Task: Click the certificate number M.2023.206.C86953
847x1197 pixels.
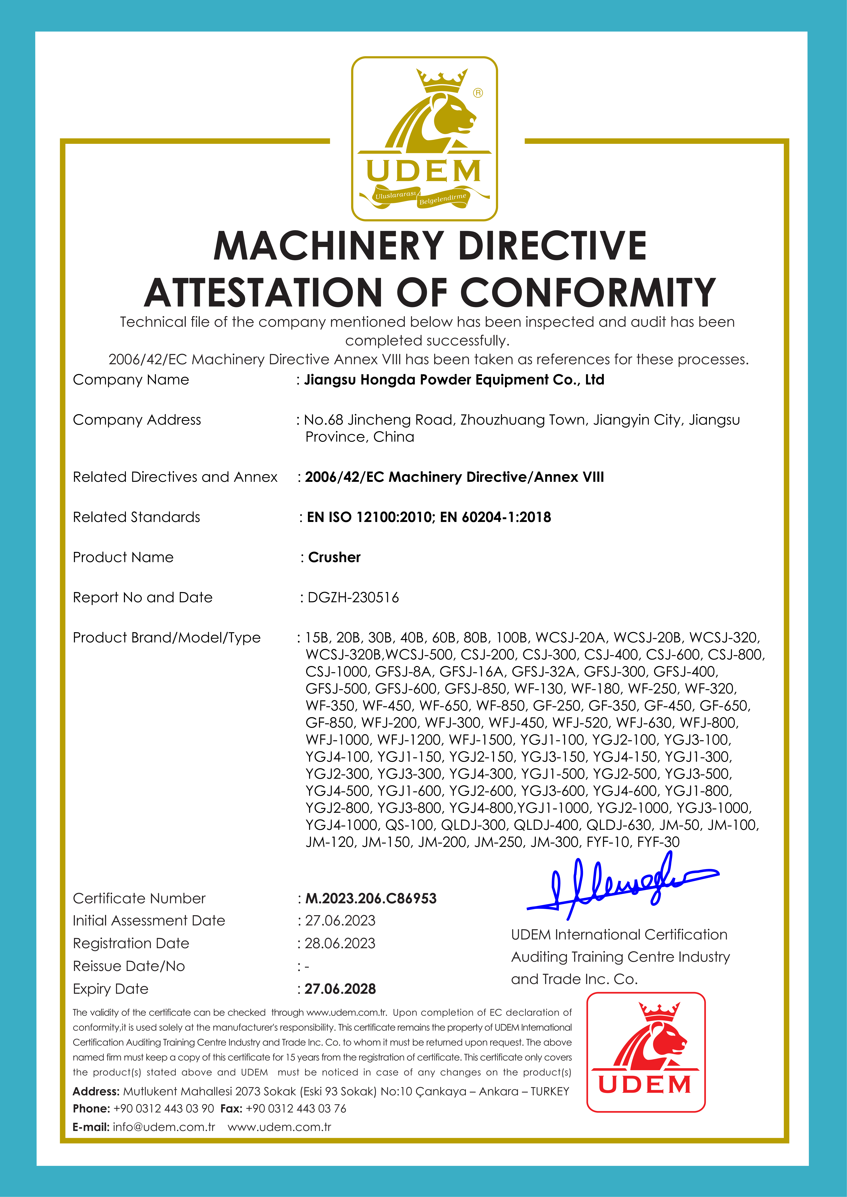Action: pyautogui.click(x=371, y=898)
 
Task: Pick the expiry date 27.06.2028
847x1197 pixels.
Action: pyautogui.click(x=340, y=989)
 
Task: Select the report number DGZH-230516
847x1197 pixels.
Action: pyautogui.click(x=353, y=597)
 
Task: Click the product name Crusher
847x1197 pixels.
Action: pyautogui.click(x=334, y=557)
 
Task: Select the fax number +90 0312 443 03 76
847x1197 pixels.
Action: pyautogui.click(x=296, y=1108)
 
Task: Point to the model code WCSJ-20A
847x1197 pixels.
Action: pyautogui.click(x=570, y=638)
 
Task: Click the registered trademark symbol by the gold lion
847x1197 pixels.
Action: pyautogui.click(x=478, y=93)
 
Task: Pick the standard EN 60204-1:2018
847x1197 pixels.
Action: pyautogui.click(x=495, y=517)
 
